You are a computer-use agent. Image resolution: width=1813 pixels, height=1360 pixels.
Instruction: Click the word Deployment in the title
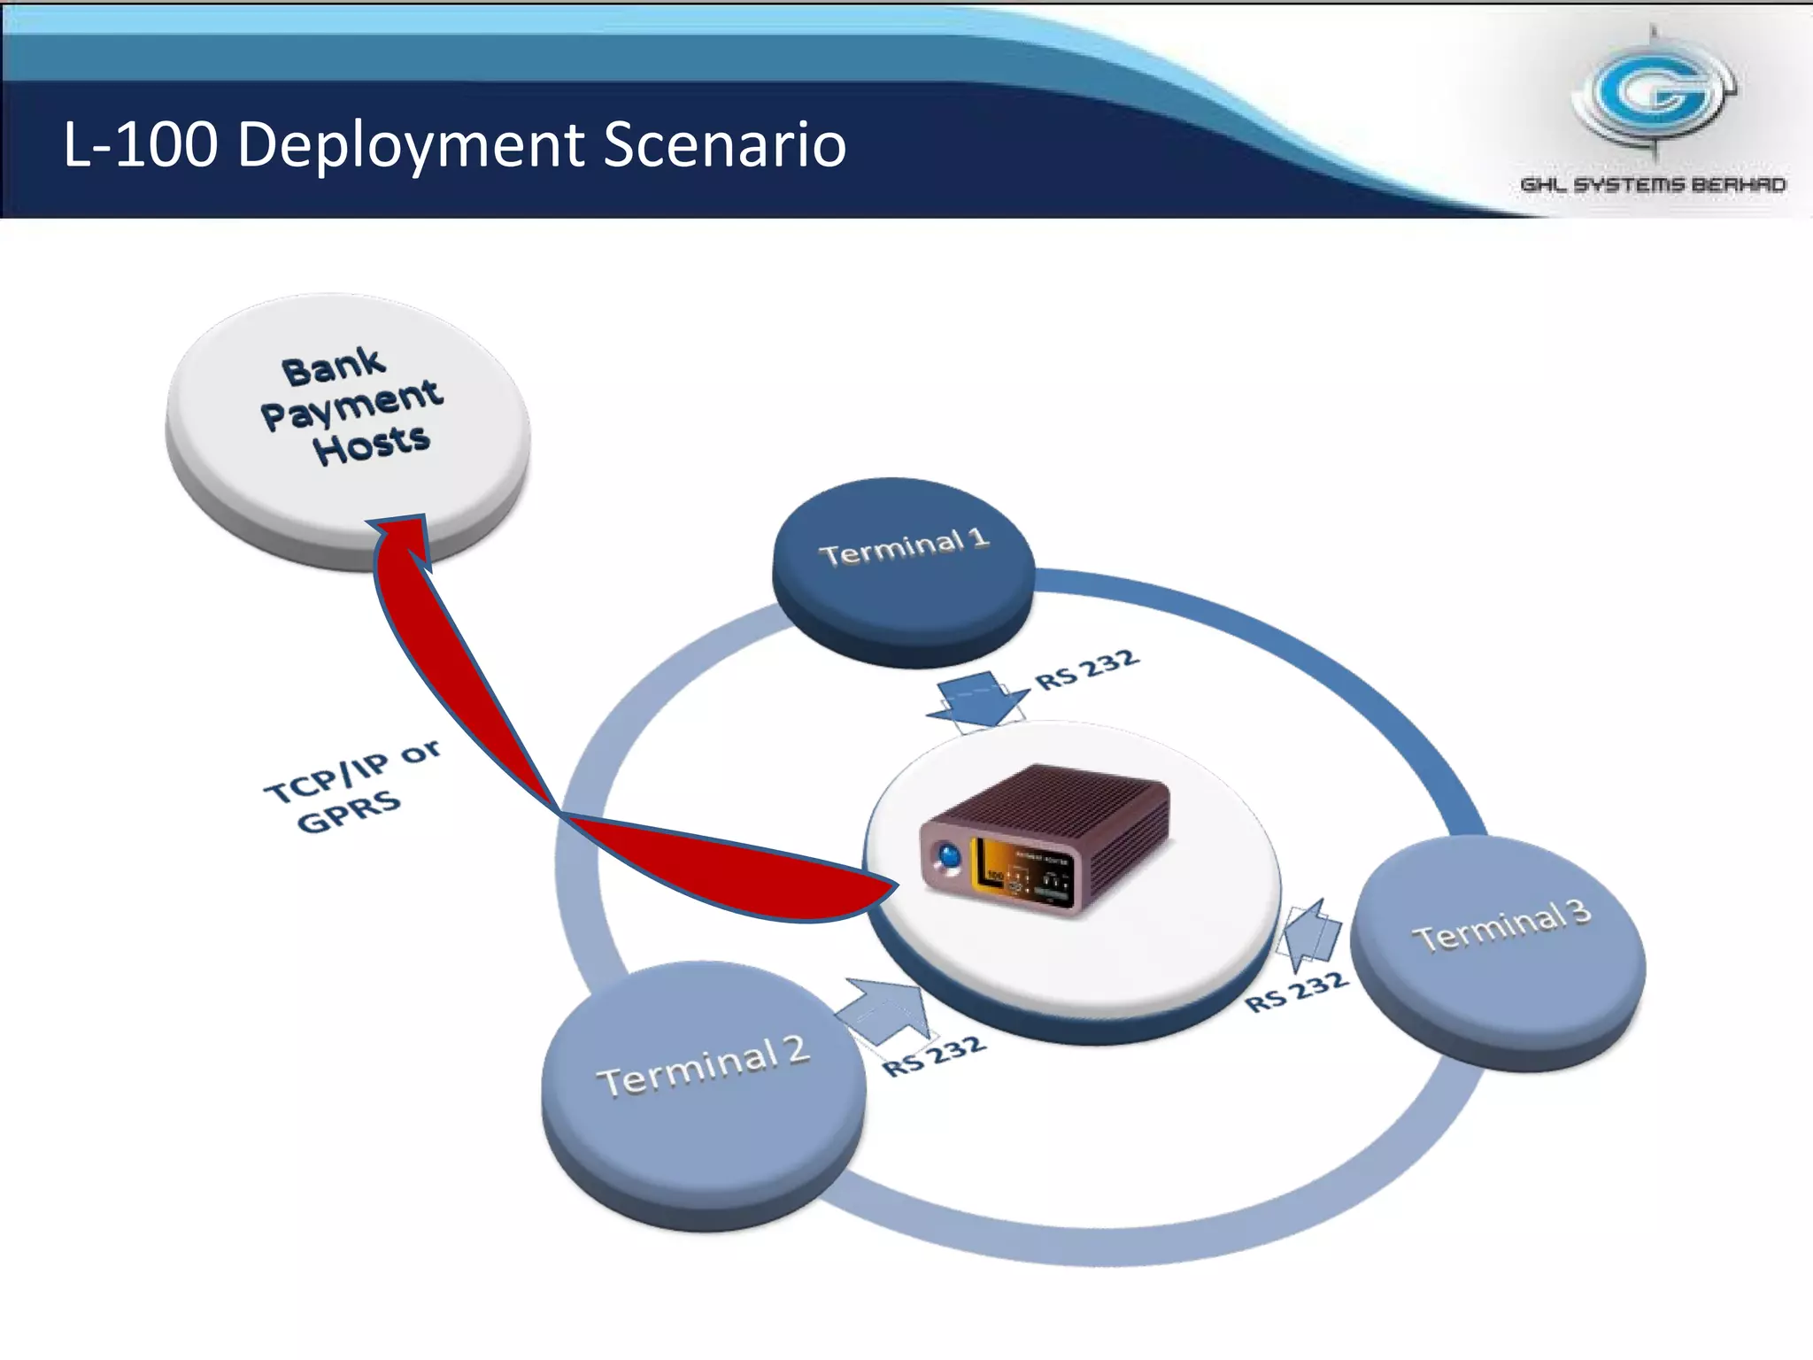[411, 144]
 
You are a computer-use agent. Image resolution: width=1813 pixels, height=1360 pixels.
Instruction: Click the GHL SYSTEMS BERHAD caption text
[1653, 185]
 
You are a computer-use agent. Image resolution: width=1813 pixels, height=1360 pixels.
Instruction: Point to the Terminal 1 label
[903, 547]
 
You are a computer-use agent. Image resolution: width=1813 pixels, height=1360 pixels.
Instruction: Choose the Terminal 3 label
[1502, 925]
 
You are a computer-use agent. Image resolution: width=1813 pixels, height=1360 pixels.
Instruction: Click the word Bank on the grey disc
[333, 366]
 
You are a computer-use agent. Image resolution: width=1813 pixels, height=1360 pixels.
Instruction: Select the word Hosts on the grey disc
[371, 444]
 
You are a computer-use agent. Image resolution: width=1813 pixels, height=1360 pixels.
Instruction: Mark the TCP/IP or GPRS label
[350, 786]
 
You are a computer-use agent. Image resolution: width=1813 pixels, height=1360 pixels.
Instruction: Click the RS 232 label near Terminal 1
[1087, 669]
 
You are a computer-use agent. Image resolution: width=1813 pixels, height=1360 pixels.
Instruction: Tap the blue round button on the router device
[949, 857]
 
